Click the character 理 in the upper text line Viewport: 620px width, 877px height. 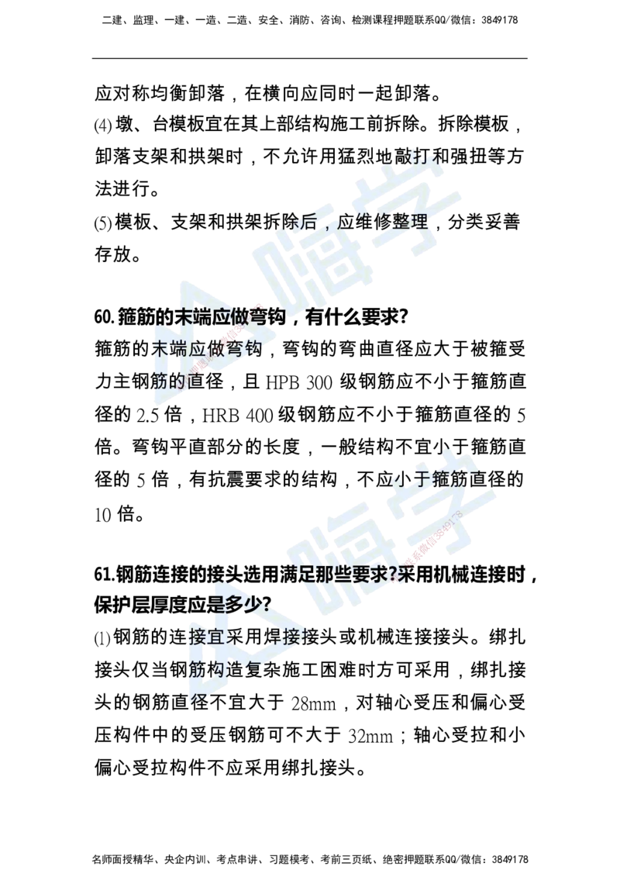pyautogui.click(x=418, y=223)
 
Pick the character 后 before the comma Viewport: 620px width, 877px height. pyautogui.click(x=308, y=223)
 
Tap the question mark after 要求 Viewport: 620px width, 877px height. pyautogui.click(x=394, y=575)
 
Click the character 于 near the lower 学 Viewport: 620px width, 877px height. pyautogui.click(x=423, y=478)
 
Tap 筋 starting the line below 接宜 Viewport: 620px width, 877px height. pyautogui.click(x=196, y=668)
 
